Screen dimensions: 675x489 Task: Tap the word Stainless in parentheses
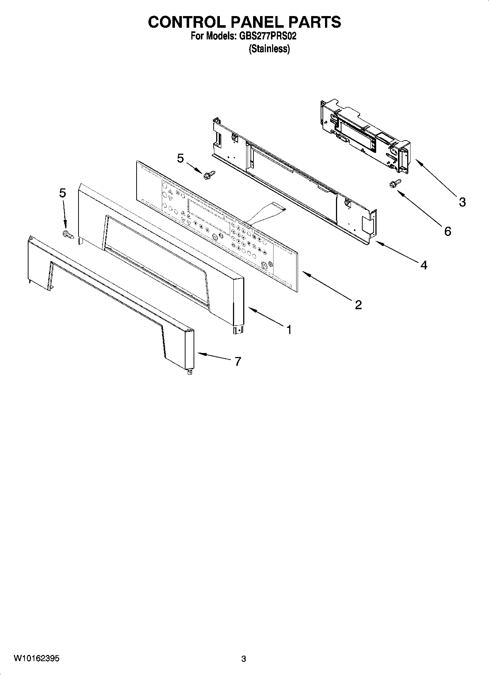pyautogui.click(x=269, y=49)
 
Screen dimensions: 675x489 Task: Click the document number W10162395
pyautogui.click(x=37, y=659)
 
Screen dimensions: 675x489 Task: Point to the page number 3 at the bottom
pyautogui.click(x=244, y=659)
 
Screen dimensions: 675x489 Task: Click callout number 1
pyautogui.click(x=289, y=330)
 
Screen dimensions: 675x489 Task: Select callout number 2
pyautogui.click(x=358, y=304)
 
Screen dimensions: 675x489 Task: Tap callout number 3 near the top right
pyautogui.click(x=462, y=202)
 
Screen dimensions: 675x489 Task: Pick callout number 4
pyautogui.click(x=423, y=265)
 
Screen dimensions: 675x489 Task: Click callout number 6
pyautogui.click(x=448, y=231)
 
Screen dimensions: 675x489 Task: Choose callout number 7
pyautogui.click(x=238, y=361)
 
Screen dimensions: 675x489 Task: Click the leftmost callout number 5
pyautogui.click(x=63, y=193)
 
